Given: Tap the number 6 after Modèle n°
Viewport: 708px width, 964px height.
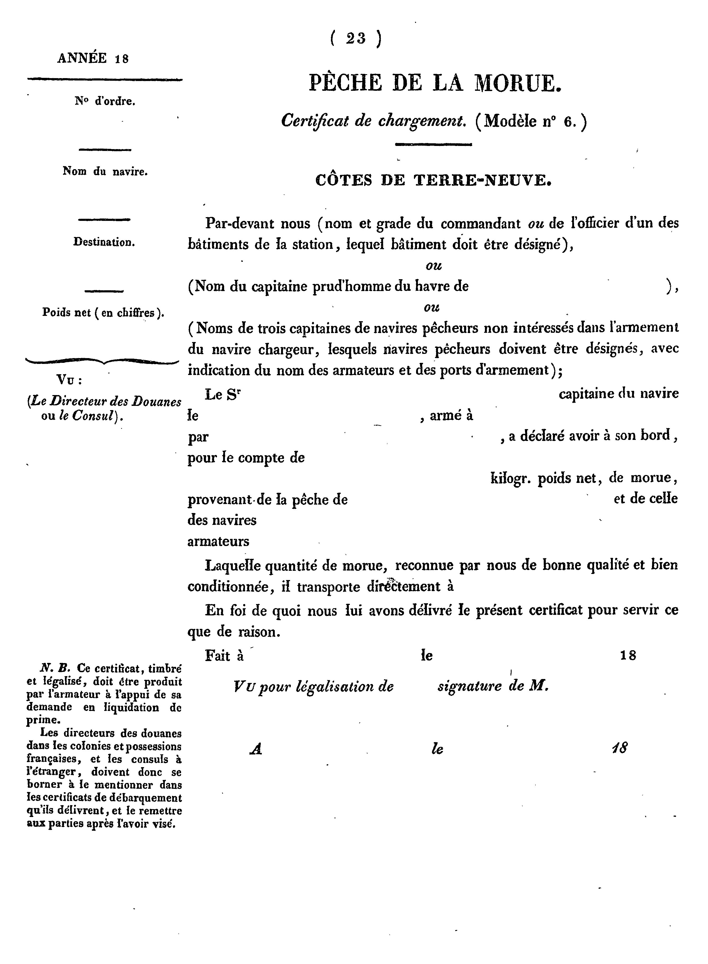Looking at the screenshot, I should (x=568, y=122).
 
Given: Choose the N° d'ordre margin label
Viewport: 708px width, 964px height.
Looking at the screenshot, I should (x=105, y=101).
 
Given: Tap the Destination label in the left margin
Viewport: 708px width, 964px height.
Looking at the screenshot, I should (x=104, y=242).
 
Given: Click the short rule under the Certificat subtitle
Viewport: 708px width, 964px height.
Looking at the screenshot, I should (x=433, y=145).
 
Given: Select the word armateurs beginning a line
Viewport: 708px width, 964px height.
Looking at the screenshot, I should (x=218, y=541).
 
